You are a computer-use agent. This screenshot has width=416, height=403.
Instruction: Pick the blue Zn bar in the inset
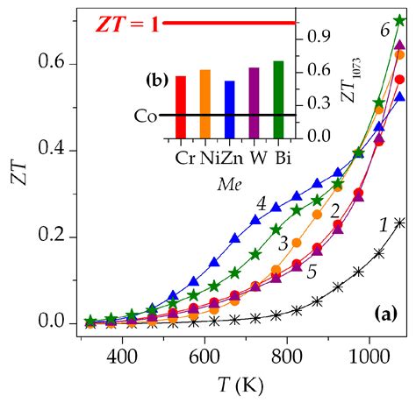coord(230,110)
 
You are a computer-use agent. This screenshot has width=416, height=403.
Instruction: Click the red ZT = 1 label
coord(126,24)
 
